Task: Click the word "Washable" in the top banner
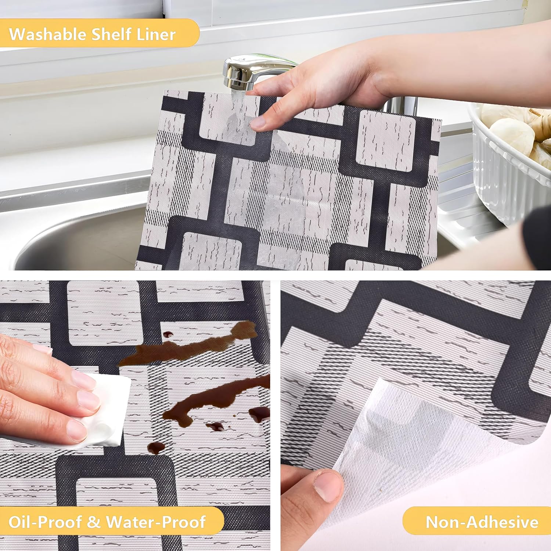[x=47, y=34]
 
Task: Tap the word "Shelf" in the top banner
[x=111, y=34]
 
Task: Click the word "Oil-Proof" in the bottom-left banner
[x=46, y=522]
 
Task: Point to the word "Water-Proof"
[x=156, y=522]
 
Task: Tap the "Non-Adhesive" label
[x=482, y=522]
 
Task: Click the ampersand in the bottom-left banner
[x=93, y=522]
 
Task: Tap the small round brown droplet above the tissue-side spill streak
[x=168, y=334]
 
